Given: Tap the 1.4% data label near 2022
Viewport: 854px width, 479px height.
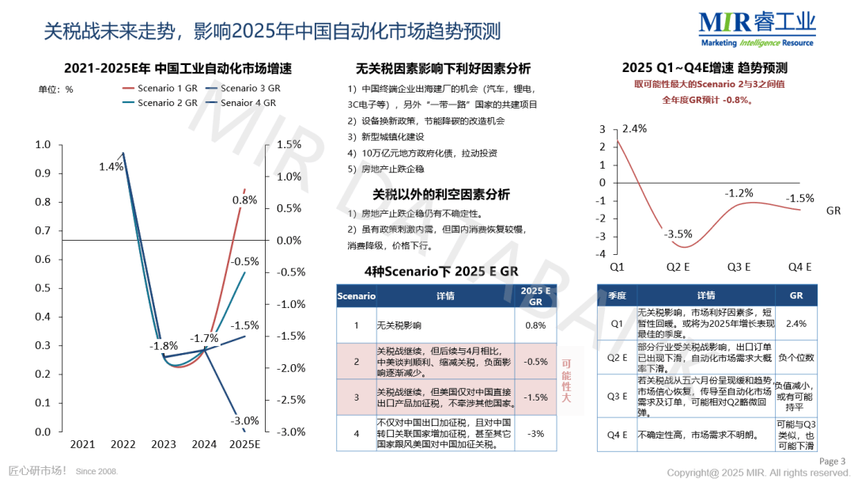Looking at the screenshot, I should tap(111, 166).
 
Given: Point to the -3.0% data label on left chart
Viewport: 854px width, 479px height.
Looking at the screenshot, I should tap(244, 420).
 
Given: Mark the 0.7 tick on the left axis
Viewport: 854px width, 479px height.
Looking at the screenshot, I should tap(43, 230).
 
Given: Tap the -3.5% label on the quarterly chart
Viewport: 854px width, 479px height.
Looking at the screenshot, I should tap(678, 234).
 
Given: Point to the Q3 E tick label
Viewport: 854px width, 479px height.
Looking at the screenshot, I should tap(739, 266).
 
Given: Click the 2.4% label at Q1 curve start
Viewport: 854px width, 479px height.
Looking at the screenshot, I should tap(634, 128).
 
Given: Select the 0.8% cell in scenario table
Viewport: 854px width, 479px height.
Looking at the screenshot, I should tap(535, 325).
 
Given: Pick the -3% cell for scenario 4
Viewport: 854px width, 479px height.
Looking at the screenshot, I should tap(535, 433).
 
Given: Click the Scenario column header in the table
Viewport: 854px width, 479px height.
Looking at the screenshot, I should tap(357, 296).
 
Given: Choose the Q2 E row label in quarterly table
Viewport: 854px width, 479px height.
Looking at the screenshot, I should tap(617, 356).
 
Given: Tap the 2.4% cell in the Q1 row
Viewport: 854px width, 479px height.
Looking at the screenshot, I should tap(795, 323).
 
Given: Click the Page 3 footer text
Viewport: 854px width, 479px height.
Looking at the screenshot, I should tap(832, 462).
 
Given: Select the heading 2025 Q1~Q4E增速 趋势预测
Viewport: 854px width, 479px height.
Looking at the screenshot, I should tap(705, 67).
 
